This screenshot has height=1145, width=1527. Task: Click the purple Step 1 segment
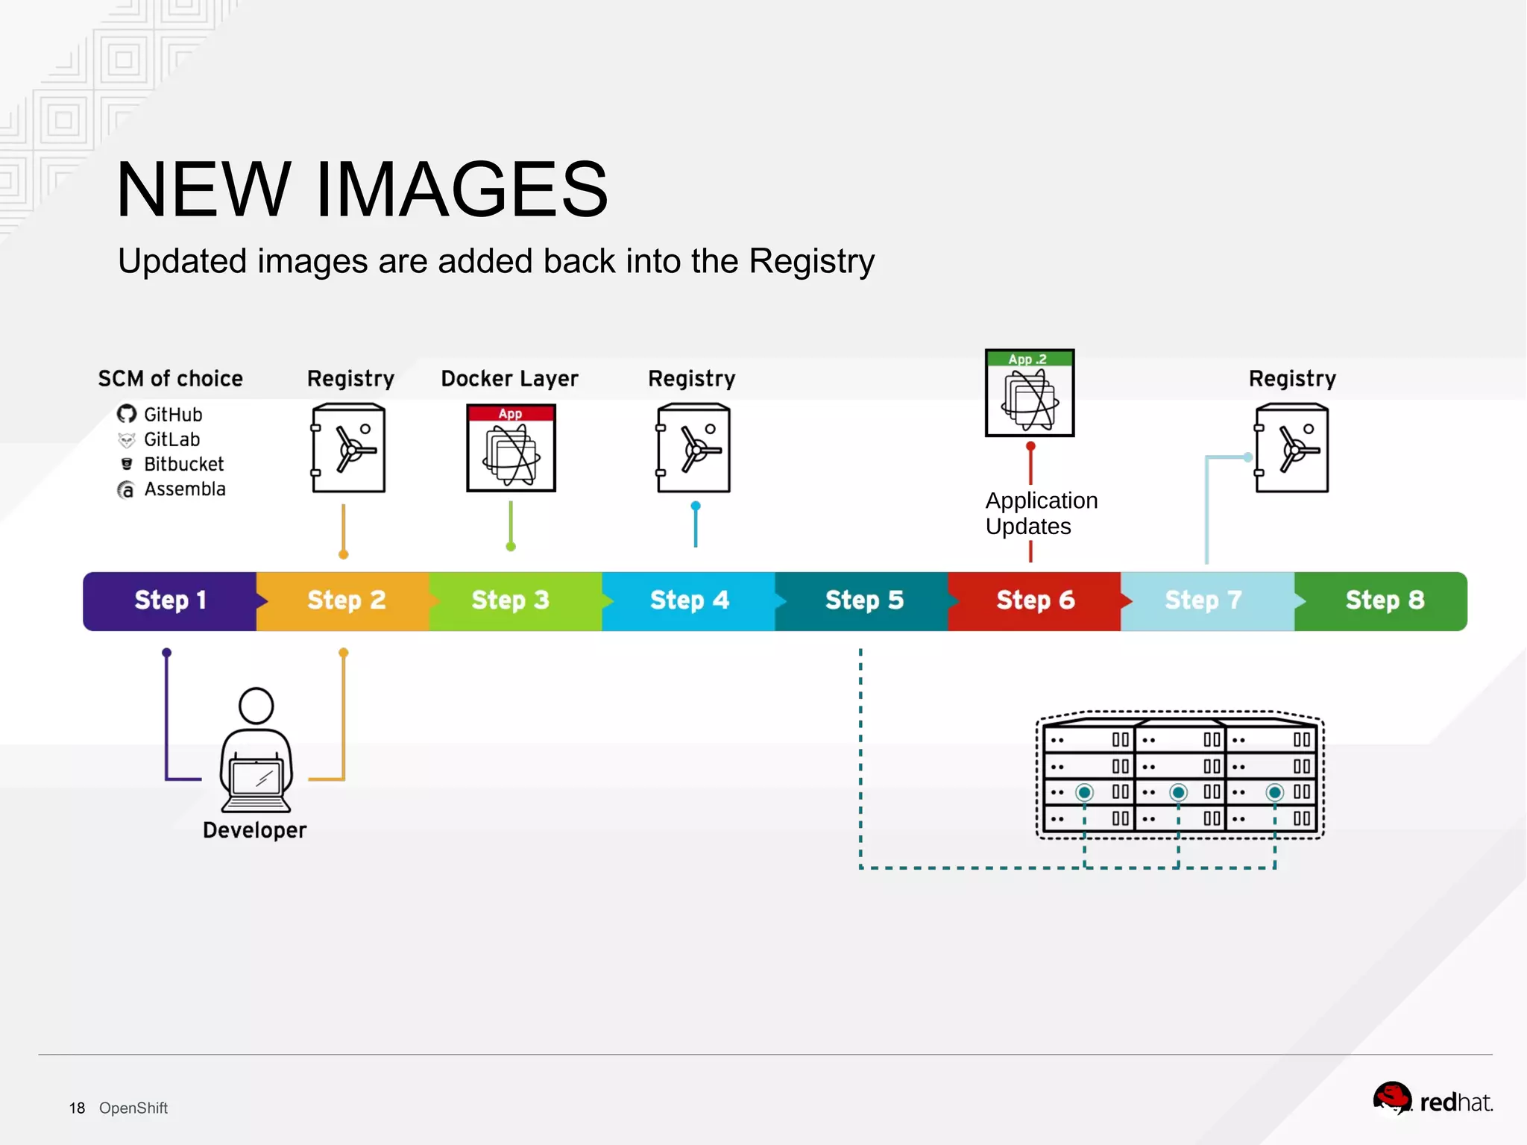pos(170,600)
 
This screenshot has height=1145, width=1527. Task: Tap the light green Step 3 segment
pos(511,600)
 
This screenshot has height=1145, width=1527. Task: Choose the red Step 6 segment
pos(1035,600)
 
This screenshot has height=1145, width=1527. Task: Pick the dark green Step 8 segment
pos(1384,600)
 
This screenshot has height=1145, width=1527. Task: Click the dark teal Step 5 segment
pos(863,600)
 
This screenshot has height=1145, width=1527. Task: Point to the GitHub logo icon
pos(127,414)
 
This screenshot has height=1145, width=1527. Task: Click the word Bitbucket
pos(183,464)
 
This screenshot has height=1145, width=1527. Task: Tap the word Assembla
pos(185,489)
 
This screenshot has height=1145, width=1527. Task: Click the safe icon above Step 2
pos(349,448)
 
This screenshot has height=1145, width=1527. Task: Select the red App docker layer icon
pos(511,448)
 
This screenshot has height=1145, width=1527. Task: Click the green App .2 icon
pos(1030,393)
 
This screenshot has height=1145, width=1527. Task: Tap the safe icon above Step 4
pos(693,448)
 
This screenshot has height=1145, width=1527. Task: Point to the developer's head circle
pos(256,706)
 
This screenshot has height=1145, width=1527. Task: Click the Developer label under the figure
pos(254,830)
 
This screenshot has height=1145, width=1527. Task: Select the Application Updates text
pos(1041,513)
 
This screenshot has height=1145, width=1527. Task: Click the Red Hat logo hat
pos(1391,1099)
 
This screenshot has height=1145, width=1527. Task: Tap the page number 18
pos(77,1108)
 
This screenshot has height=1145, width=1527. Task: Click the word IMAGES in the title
pos(462,190)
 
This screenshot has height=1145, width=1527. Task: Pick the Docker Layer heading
pos(509,379)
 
